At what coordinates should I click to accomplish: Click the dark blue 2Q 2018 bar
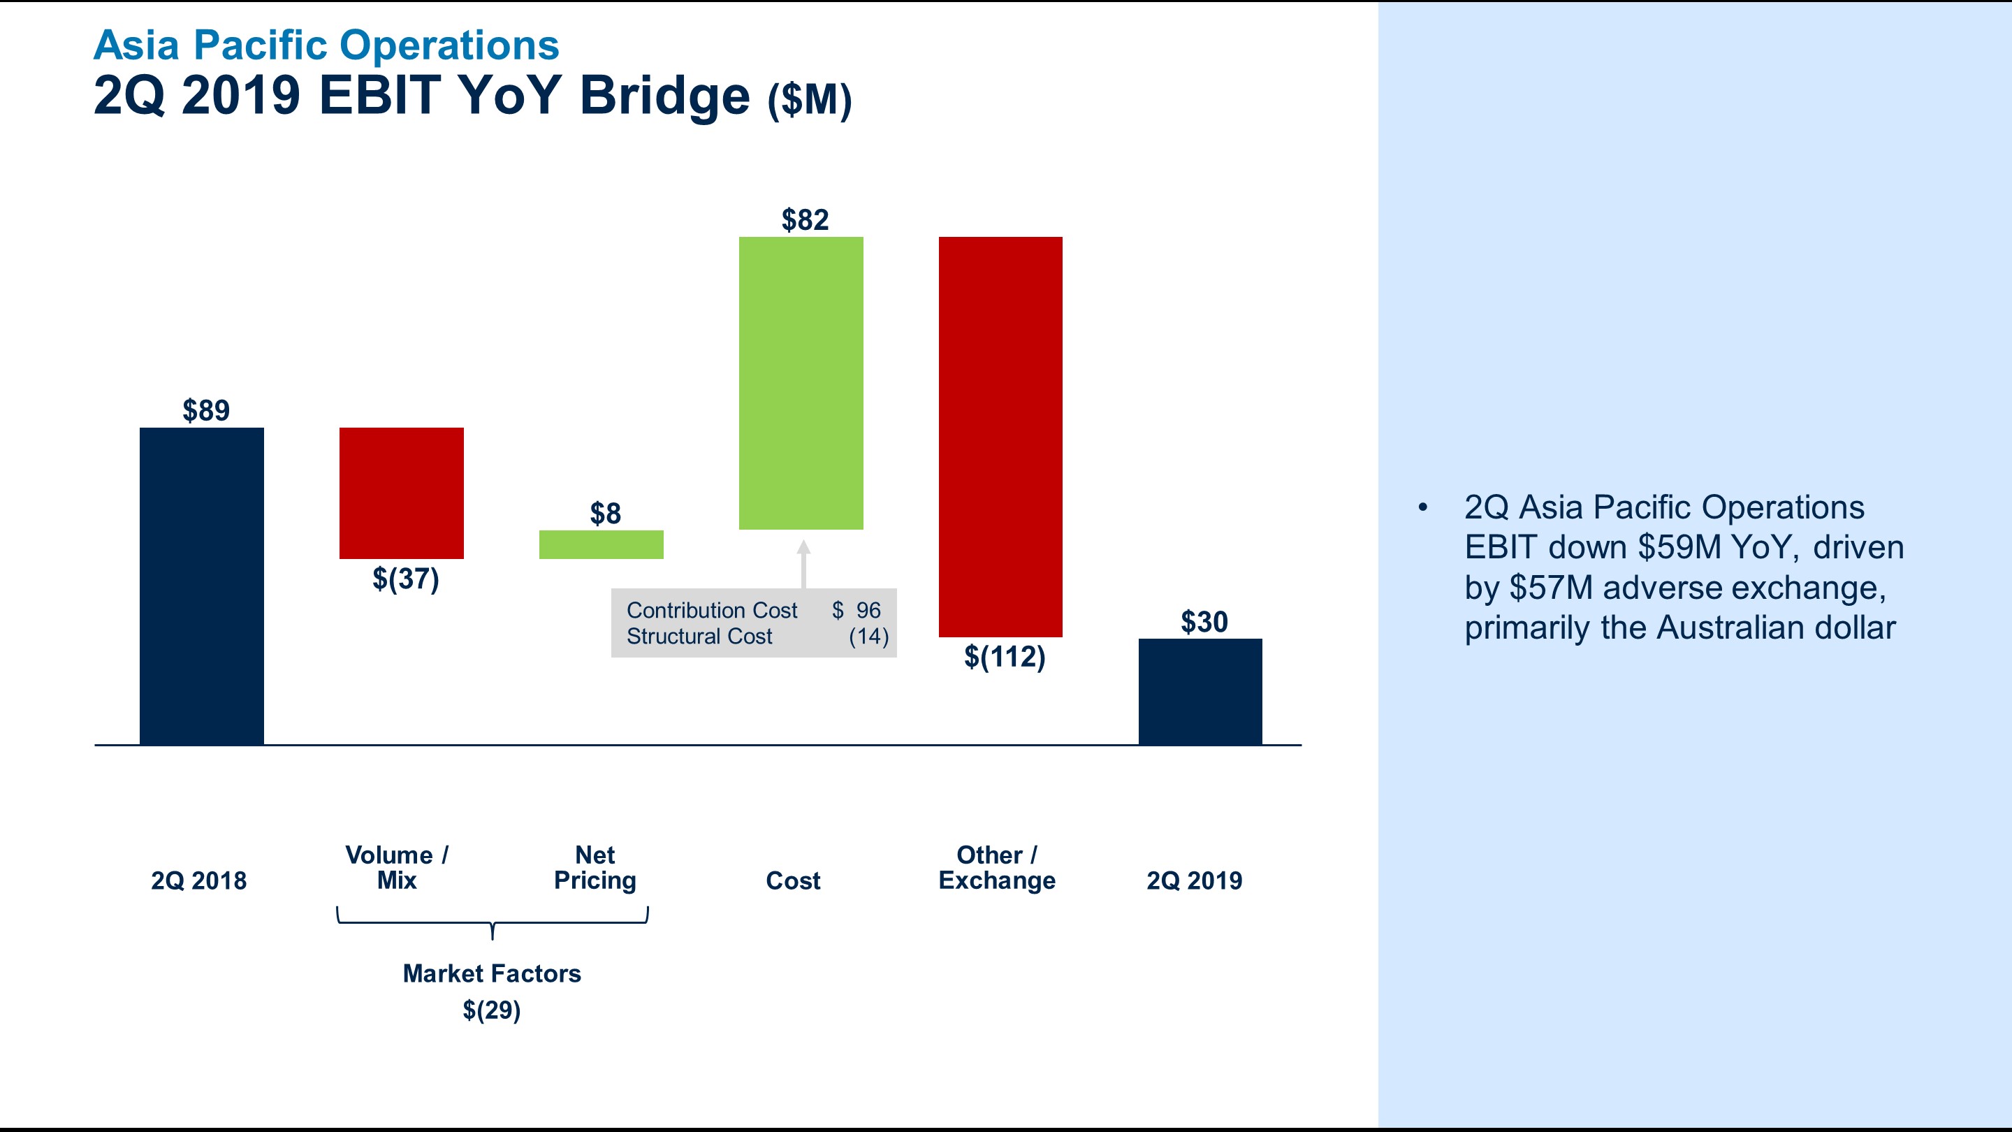click(x=201, y=586)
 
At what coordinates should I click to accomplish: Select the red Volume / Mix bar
click(x=402, y=493)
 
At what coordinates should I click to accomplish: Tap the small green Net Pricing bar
click(x=601, y=544)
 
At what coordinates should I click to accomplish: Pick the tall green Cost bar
click(x=801, y=383)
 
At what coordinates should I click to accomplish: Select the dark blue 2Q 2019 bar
click(x=1200, y=691)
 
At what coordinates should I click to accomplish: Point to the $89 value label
click(x=206, y=410)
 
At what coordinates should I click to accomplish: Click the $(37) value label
click(x=405, y=579)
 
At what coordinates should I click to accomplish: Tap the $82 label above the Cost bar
click(x=805, y=219)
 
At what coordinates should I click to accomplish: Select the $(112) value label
click(x=1005, y=656)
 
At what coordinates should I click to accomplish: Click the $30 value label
click(x=1204, y=622)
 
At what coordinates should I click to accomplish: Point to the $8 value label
click(x=605, y=514)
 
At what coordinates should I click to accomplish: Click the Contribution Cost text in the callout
click(x=712, y=610)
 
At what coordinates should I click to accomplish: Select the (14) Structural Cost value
click(x=868, y=637)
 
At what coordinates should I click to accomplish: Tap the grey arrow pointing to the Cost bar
click(x=803, y=563)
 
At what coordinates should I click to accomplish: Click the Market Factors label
click(x=491, y=973)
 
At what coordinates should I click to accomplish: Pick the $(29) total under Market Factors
click(x=491, y=1010)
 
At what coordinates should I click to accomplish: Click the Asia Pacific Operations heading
click(x=326, y=45)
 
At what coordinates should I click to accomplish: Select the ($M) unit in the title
click(x=809, y=100)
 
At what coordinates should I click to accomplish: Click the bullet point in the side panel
click(x=1423, y=508)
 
